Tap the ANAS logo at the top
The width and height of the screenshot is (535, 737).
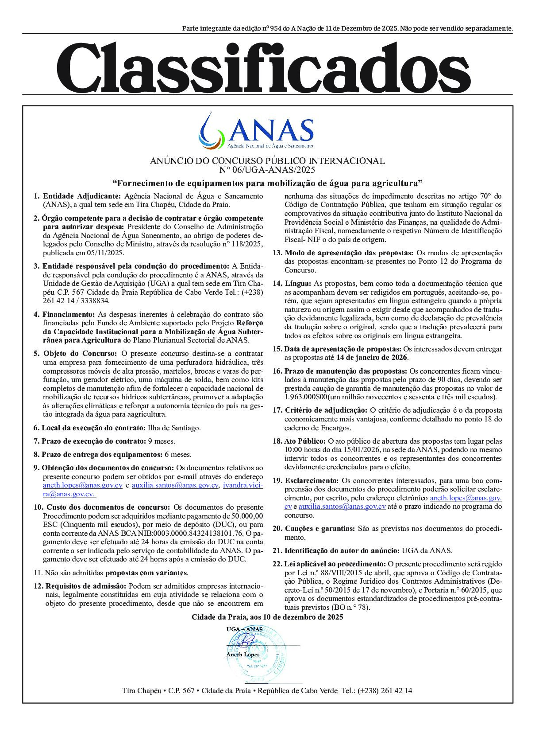coord(257,130)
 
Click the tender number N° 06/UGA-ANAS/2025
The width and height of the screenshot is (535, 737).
coord(267,169)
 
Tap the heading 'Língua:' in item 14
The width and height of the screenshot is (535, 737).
coord(298,283)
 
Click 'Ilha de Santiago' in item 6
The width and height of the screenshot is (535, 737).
coord(174,428)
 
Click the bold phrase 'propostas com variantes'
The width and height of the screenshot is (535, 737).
coord(146,572)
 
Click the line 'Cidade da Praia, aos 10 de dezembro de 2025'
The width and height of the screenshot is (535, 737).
coord(267,617)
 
